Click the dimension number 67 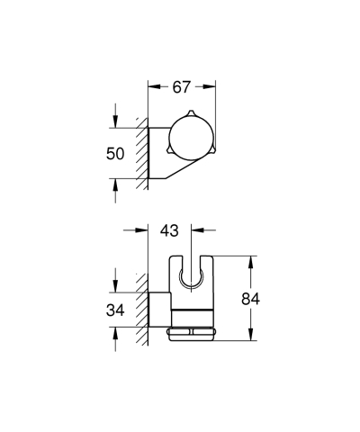pyautogui.click(x=183, y=87)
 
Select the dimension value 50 pyautogui.click(x=115, y=153)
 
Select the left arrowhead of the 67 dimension pyautogui.click(x=153, y=87)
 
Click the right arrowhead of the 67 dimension pyautogui.click(x=212, y=87)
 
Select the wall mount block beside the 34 pyautogui.click(x=158, y=311)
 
